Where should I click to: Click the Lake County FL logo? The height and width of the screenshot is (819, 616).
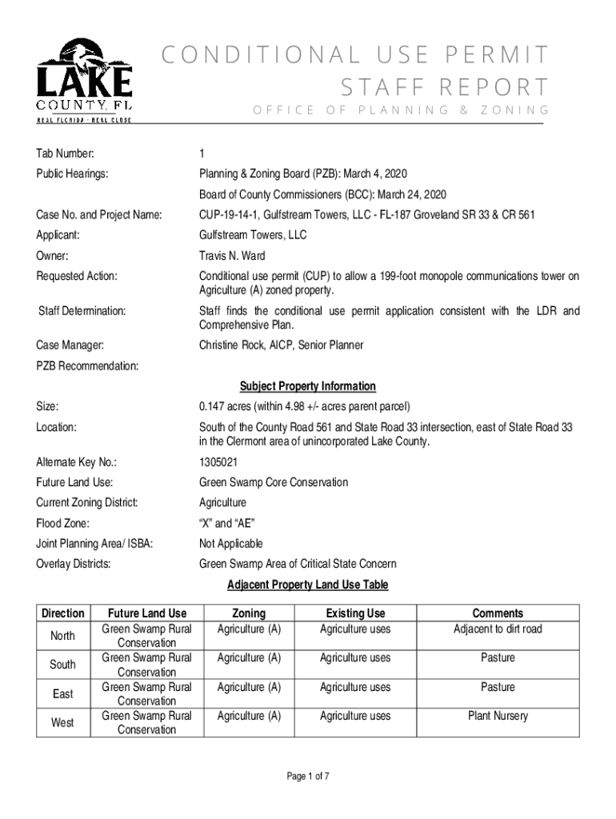click(84, 80)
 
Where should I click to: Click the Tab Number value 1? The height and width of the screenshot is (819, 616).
click(202, 154)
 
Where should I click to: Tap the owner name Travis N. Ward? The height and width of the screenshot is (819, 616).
click(231, 256)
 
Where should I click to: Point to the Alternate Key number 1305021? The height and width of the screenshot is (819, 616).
click(218, 462)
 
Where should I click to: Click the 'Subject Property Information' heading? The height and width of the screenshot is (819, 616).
click(307, 386)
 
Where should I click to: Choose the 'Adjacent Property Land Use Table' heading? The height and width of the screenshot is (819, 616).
click(307, 585)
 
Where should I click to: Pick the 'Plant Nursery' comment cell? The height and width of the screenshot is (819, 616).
click(498, 716)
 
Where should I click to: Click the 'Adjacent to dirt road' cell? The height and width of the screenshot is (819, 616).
click(498, 629)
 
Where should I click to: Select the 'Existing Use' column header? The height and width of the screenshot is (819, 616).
click(355, 613)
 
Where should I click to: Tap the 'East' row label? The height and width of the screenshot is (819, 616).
click(62, 694)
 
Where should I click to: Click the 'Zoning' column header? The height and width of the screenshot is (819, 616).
click(249, 613)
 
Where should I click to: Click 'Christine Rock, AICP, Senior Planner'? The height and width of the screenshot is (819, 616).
click(281, 346)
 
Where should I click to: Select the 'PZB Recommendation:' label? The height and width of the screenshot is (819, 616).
click(87, 366)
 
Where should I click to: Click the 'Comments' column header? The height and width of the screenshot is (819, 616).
click(498, 613)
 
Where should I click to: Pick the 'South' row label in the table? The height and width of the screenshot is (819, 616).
click(62, 665)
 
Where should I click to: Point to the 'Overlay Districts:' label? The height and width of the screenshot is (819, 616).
click(74, 564)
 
